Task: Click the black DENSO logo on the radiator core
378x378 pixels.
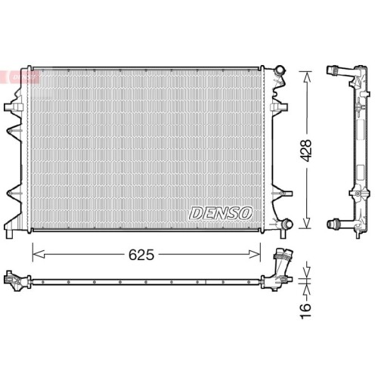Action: click(220, 214)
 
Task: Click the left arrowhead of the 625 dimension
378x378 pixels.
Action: click(35, 255)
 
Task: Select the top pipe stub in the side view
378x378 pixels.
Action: click(335, 73)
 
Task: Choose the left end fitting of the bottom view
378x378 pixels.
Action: click(13, 280)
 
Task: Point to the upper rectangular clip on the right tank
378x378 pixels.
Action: click(276, 107)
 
